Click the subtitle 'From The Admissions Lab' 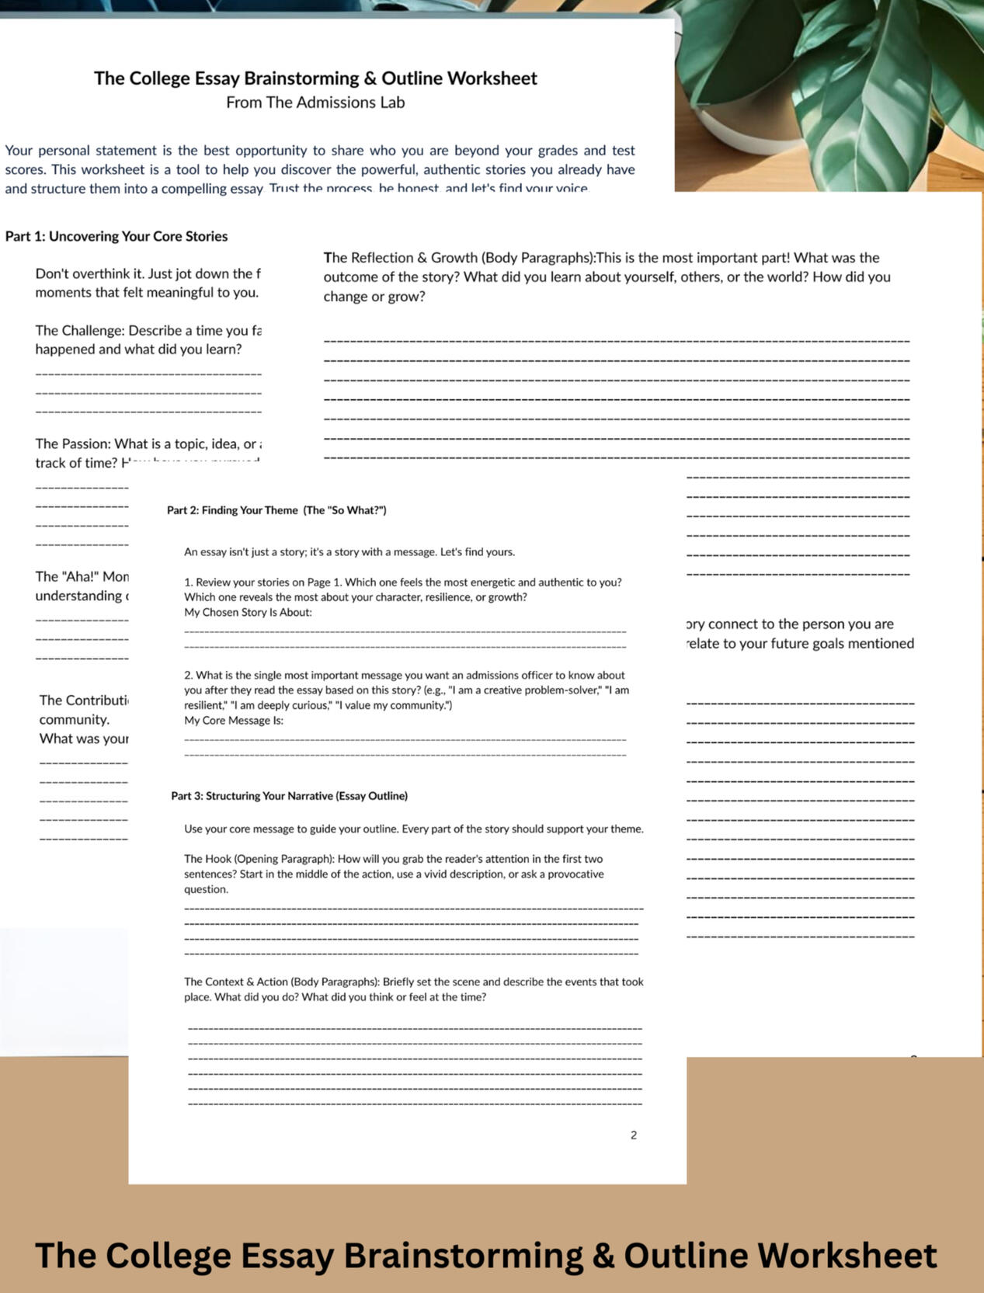tap(315, 103)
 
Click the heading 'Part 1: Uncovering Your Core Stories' tap(116, 236)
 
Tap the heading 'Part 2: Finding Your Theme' tap(276, 510)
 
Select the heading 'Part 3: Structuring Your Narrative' tap(289, 796)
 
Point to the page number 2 tap(634, 1135)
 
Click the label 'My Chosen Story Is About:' tap(248, 613)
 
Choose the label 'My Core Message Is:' tap(234, 721)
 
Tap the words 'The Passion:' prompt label tap(73, 444)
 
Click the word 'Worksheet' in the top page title tap(492, 78)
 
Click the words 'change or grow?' tap(374, 297)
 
